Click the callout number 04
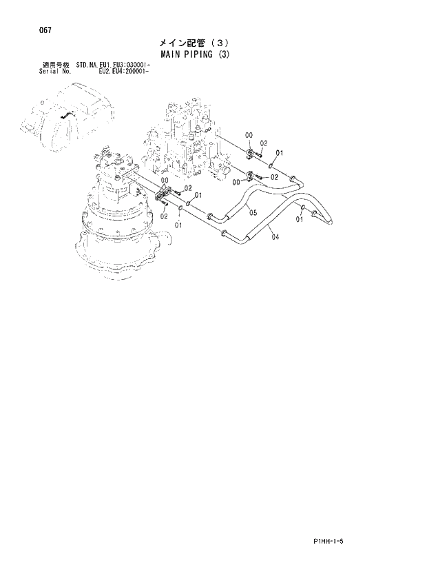pos(275,237)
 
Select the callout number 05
pos(253,213)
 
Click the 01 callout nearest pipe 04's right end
pos(300,220)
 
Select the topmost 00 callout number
pos(249,135)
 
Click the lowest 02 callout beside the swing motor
pos(164,216)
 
